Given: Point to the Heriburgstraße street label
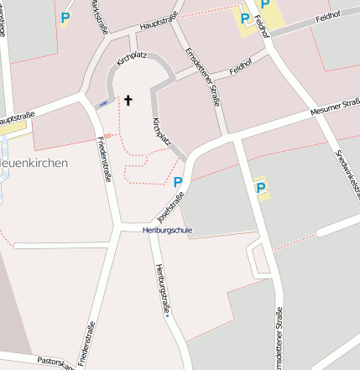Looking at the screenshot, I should tap(161, 290).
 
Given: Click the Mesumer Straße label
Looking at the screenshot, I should tap(334, 109).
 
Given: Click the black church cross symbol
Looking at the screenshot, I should tap(128, 101).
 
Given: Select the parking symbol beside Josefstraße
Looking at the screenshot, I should tap(177, 182).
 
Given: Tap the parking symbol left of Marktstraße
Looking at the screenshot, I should tap(65, 16).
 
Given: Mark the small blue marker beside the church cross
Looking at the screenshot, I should tap(103, 103).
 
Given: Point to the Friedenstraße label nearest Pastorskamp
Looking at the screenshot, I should tap(86, 344).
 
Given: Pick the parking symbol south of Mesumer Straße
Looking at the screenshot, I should tap(260, 188).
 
